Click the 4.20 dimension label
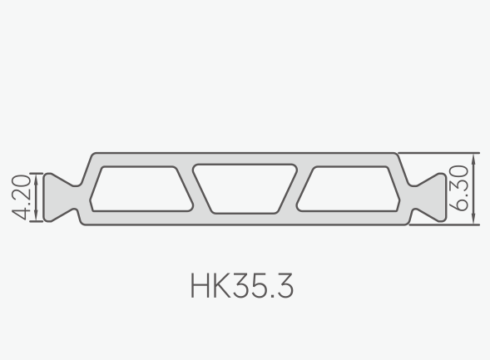click(x=22, y=197)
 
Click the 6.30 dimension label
click(x=458, y=188)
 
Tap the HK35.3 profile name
click(x=242, y=286)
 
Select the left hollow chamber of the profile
click(x=141, y=189)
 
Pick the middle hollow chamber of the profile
click(x=245, y=189)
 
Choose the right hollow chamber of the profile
click(x=348, y=189)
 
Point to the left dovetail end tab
click(x=60, y=197)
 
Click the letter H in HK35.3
click(x=200, y=286)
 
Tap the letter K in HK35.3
click(x=221, y=286)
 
